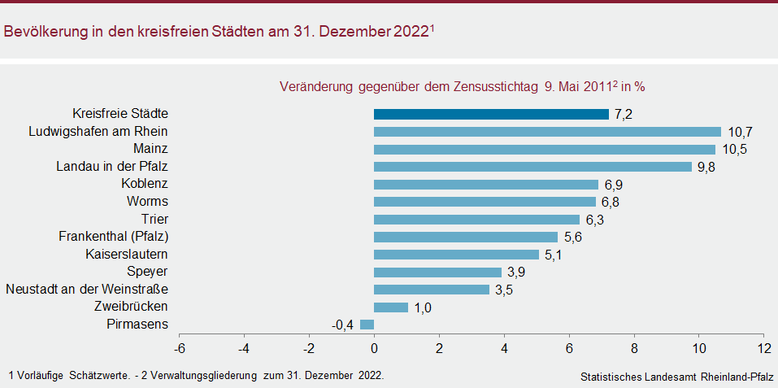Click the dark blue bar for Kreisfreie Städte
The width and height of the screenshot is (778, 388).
click(x=491, y=114)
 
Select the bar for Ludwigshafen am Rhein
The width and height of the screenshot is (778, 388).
click(x=547, y=132)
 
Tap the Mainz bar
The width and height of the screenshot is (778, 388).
click(x=544, y=149)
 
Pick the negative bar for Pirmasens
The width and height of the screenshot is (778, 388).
click(x=367, y=325)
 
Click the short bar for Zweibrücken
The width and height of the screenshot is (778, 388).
click(x=391, y=307)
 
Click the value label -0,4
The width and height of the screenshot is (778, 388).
click(x=342, y=325)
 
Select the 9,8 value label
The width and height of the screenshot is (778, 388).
click(x=706, y=167)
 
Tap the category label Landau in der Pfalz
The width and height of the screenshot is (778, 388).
click(x=112, y=167)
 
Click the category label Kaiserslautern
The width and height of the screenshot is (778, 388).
click(x=127, y=255)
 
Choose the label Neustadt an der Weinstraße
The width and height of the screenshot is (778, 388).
click(x=87, y=290)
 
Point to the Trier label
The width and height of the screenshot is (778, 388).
click(x=154, y=220)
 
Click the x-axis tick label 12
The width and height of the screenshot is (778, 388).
click(x=763, y=348)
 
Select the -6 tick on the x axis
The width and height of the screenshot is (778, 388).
click(x=179, y=348)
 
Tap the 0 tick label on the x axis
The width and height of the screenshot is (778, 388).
click(x=374, y=348)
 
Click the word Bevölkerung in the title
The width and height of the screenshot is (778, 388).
click(x=46, y=33)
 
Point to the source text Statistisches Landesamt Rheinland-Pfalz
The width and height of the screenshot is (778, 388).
click(x=677, y=377)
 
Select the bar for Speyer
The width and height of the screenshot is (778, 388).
click(x=437, y=272)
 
